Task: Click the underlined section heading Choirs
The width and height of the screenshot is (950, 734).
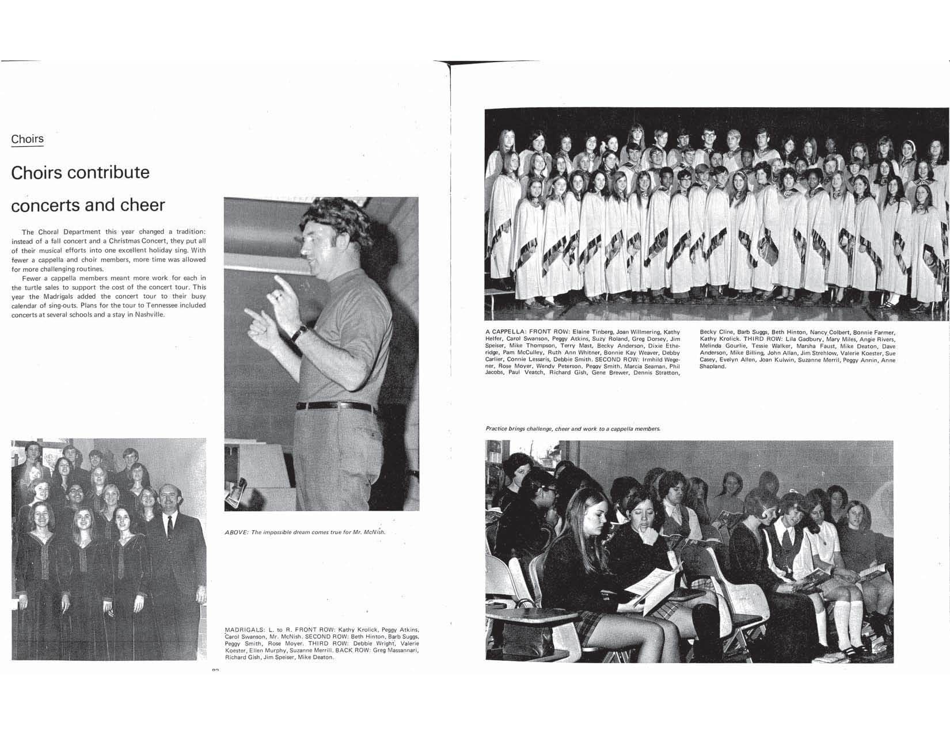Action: (x=27, y=139)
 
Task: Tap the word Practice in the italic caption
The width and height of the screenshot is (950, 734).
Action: (x=498, y=429)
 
